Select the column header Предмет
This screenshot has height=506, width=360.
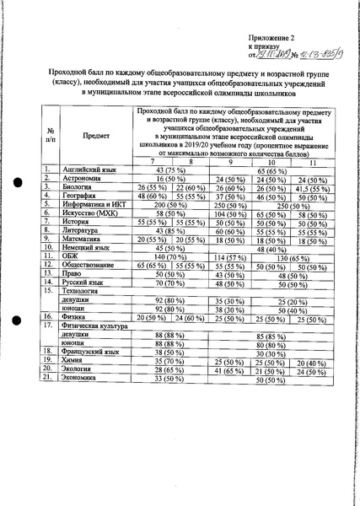[x=95, y=134]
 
